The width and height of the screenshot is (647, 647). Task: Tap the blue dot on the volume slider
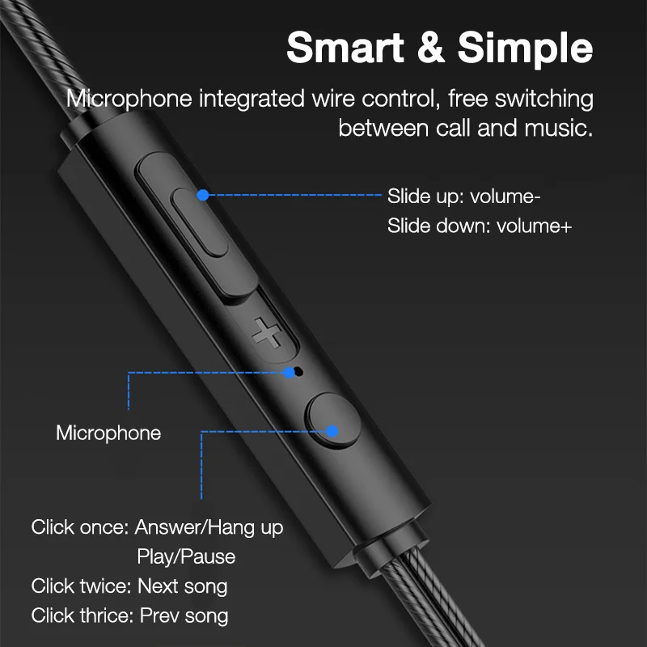pos(203,195)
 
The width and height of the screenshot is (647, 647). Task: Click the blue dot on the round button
pos(332,431)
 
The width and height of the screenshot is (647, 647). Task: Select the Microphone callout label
pos(108,433)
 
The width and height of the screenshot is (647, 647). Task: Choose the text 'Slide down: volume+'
pos(479,226)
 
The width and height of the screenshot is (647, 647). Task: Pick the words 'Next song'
pos(182,586)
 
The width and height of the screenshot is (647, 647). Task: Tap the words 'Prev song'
pos(184,615)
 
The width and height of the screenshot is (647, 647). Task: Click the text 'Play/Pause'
pos(186,556)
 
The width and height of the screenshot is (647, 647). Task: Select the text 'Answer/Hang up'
pos(209,527)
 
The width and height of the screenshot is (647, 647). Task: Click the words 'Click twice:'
pos(81,586)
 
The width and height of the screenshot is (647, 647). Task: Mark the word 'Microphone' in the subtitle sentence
pos(129,99)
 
